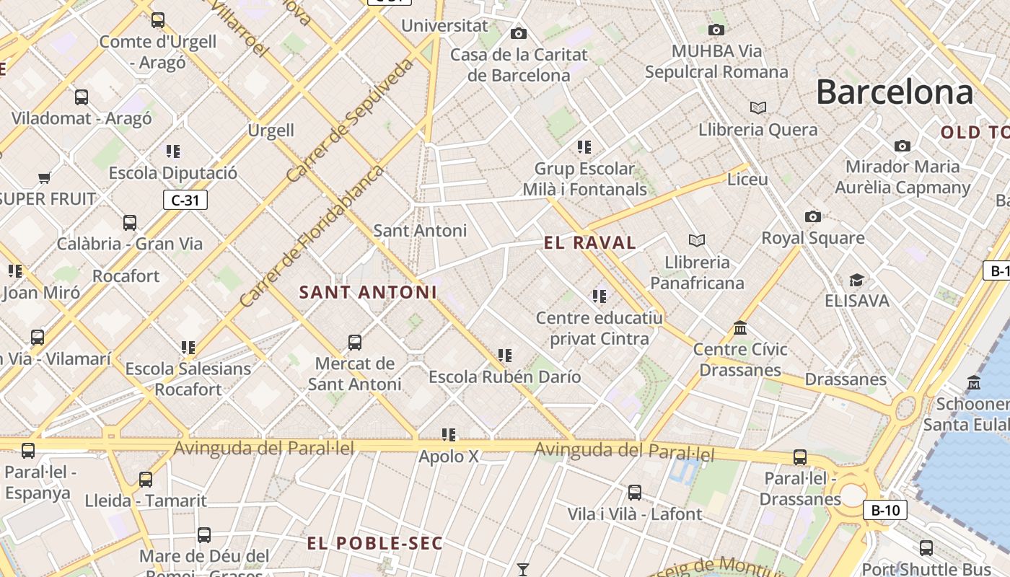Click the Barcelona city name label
click(895, 92)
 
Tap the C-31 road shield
click(185, 200)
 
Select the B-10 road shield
click(885, 511)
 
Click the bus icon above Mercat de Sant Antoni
click(354, 342)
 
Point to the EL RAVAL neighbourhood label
click(590, 243)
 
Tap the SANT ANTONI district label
click(368, 292)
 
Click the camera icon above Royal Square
click(813, 216)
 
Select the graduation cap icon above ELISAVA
click(856, 280)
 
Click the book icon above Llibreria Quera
click(757, 107)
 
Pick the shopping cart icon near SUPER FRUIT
click(45, 177)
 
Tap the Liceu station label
click(747, 179)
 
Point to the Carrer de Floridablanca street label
click(312, 236)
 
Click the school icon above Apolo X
click(449, 435)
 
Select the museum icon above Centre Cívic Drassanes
click(740, 328)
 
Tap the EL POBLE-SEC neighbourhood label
click(374, 543)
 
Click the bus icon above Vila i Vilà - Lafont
click(634, 493)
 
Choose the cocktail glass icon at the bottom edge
click(523, 570)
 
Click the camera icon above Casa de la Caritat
click(518, 33)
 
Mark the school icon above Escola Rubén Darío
click(505, 356)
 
